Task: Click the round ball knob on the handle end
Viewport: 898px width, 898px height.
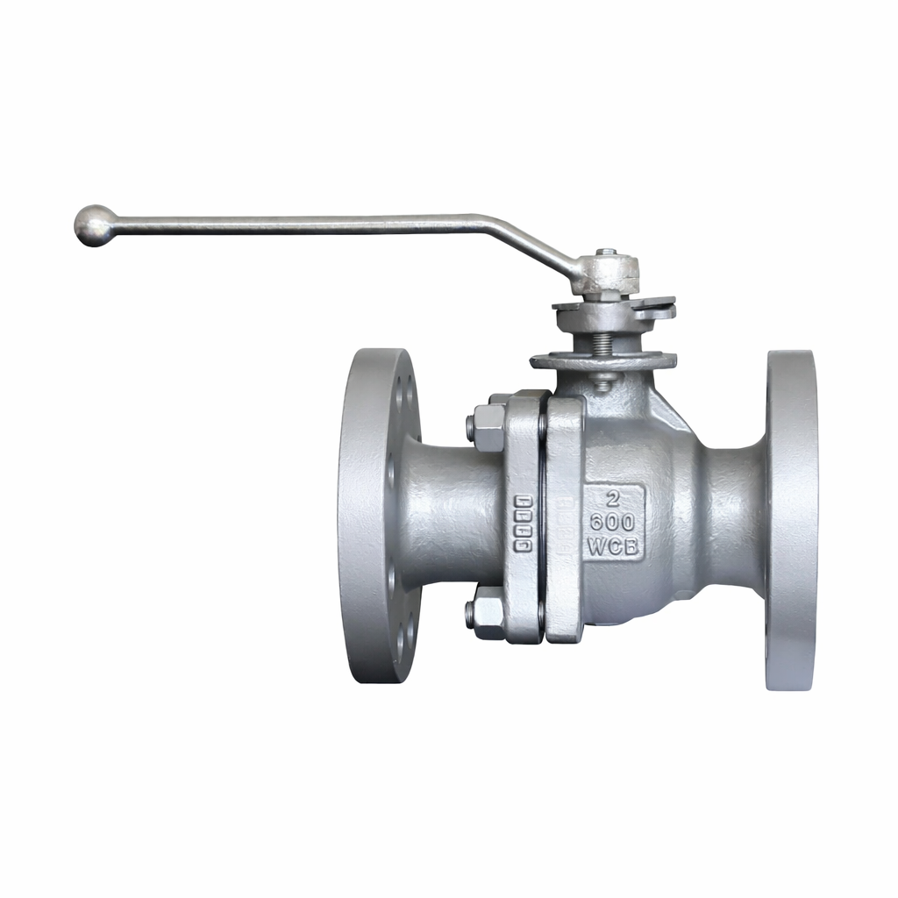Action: pyautogui.click(x=93, y=224)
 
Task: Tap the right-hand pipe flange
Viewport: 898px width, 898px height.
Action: pyautogui.click(x=791, y=519)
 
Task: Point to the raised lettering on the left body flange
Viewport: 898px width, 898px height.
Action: pyautogui.click(x=523, y=524)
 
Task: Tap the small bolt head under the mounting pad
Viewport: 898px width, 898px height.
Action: pyautogui.click(x=602, y=381)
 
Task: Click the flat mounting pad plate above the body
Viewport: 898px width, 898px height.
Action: pyautogui.click(x=603, y=360)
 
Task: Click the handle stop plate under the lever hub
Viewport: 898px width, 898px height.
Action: pyautogui.click(x=614, y=308)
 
